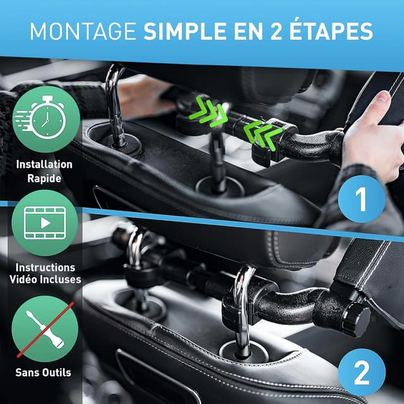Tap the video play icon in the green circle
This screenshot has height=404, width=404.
pyautogui.click(x=45, y=223)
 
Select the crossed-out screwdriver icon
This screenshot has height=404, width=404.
pyautogui.click(x=45, y=328)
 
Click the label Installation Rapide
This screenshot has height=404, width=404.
pyautogui.click(x=45, y=171)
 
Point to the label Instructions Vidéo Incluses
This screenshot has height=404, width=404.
pyautogui.click(x=45, y=273)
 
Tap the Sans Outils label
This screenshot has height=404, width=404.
pyautogui.click(x=44, y=372)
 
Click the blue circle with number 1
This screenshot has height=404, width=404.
pyautogui.click(x=360, y=200)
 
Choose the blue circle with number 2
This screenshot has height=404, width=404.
pyautogui.click(x=360, y=373)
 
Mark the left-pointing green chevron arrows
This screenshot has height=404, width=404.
pyautogui.click(x=260, y=134)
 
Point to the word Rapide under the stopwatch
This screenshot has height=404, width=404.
pyautogui.click(x=45, y=178)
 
